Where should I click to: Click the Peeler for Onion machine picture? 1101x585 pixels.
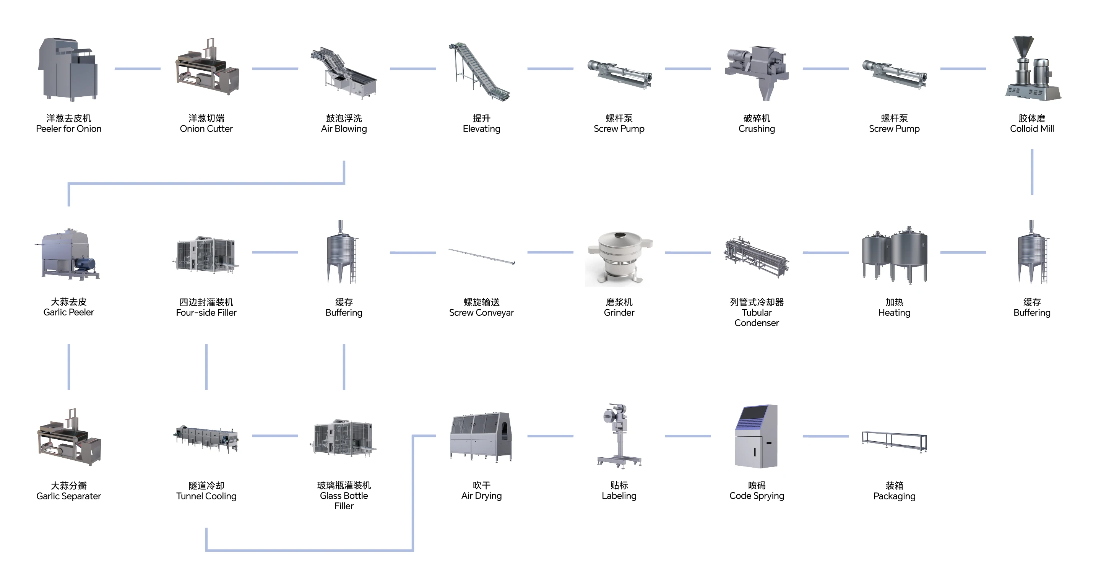(x=68, y=69)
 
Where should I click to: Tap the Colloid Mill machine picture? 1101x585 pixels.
(x=1032, y=69)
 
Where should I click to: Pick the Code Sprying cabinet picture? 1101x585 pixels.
(x=756, y=436)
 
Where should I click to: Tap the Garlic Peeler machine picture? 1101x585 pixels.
(x=68, y=255)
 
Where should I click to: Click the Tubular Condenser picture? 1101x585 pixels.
(x=757, y=257)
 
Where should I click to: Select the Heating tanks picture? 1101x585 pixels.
(x=894, y=255)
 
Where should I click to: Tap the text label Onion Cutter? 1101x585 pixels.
(x=206, y=129)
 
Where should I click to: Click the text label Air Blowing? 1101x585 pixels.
(x=344, y=129)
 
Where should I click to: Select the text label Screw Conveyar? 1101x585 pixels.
(x=481, y=313)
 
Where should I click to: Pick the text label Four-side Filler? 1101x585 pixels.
(x=206, y=313)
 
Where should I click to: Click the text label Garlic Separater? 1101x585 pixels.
(x=68, y=496)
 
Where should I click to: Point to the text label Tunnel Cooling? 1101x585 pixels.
(x=206, y=496)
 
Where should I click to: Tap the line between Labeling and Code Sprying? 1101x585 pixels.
(x=688, y=436)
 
